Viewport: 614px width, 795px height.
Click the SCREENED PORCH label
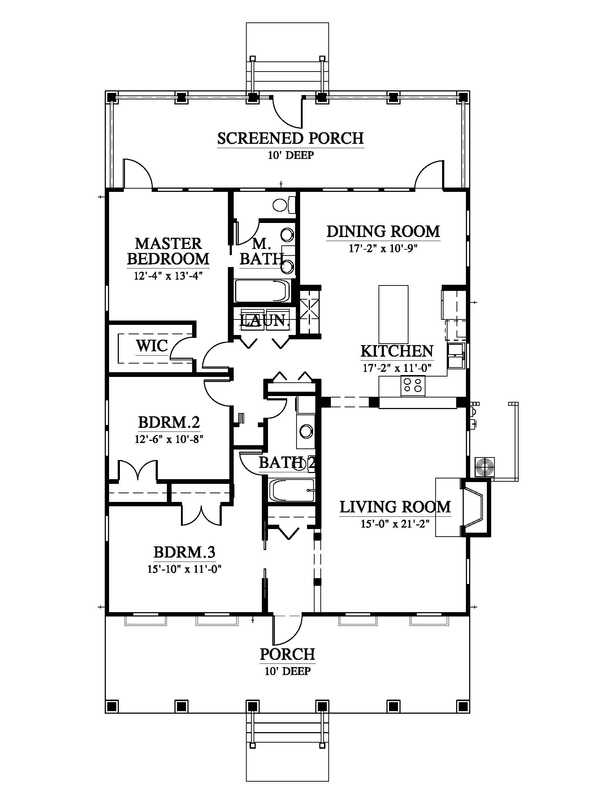[x=291, y=139]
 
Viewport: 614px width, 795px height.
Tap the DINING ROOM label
[x=383, y=232]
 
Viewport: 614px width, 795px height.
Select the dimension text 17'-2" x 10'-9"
[x=382, y=249]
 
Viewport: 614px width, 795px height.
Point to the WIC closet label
[x=152, y=345]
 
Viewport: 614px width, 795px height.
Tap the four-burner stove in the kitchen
[x=413, y=386]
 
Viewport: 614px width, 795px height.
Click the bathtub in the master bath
[x=263, y=291]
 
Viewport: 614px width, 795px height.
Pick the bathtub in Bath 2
[x=291, y=490]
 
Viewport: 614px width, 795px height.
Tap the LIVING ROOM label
[x=395, y=507]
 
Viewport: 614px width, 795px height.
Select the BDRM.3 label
[x=185, y=552]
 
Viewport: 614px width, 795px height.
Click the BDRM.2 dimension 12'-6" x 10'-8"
[x=169, y=439]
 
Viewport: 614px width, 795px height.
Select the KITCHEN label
[x=397, y=351]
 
